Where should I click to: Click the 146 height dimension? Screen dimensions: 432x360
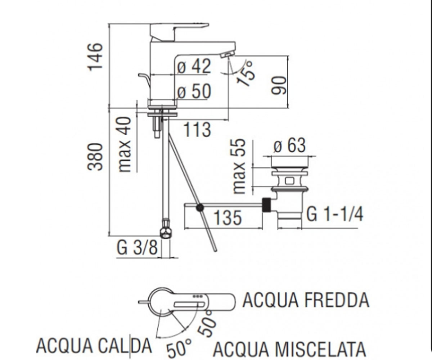(95, 57)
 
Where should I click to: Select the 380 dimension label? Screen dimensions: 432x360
(95, 157)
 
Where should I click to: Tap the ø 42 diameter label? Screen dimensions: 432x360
(194, 66)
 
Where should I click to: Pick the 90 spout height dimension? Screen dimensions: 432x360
(279, 85)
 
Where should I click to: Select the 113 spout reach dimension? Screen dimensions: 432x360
(197, 130)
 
